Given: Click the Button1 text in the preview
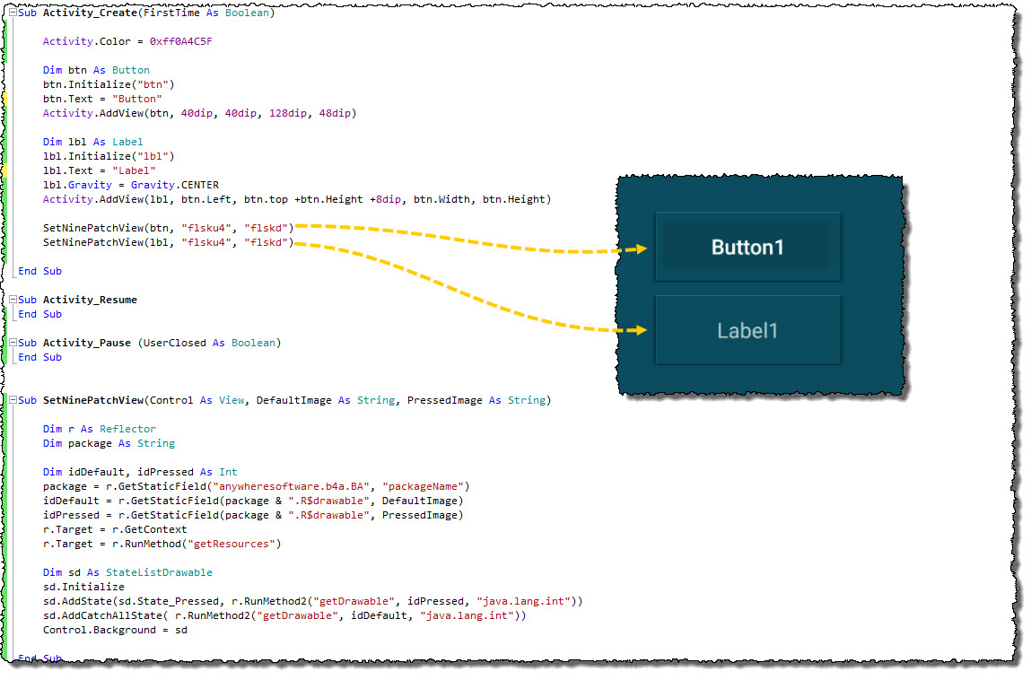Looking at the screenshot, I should [747, 247].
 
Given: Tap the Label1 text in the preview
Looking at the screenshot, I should [747, 331].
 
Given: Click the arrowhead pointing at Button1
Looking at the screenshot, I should [640, 249].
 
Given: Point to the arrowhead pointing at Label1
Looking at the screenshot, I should [640, 330].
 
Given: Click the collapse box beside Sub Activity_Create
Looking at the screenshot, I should [11, 13].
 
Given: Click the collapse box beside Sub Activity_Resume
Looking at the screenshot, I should [11, 300].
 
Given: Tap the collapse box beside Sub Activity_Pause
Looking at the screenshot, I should [11, 343].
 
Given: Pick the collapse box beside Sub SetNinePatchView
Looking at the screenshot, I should [11, 400].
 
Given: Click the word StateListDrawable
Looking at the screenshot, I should [159, 572].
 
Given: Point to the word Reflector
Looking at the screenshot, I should [127, 429].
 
